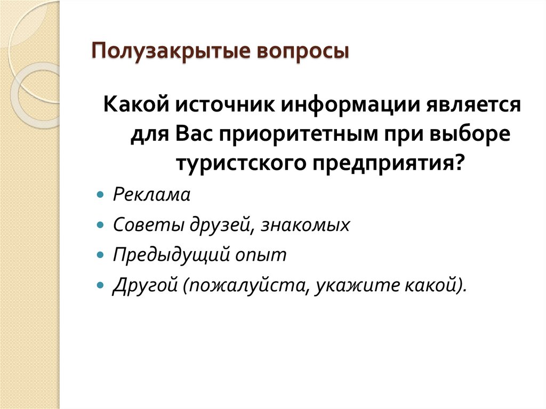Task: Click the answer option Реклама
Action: (151, 195)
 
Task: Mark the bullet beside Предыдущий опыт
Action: (100, 255)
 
